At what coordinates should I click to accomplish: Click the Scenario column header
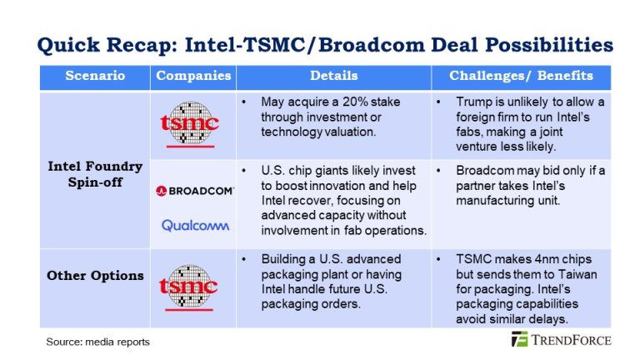coord(95,77)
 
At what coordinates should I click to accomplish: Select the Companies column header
coord(193,77)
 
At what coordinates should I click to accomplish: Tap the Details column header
coord(333,77)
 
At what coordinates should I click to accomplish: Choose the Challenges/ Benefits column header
coord(521,77)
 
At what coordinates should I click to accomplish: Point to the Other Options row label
coord(95,276)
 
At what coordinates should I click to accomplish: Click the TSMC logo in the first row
coord(190,125)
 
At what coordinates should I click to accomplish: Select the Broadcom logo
coord(194,191)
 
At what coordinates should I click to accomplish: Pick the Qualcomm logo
coord(194,226)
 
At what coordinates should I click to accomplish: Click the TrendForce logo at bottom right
coord(562,340)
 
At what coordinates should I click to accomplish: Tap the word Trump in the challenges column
coord(473,102)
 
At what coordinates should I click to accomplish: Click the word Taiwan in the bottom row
coord(578,274)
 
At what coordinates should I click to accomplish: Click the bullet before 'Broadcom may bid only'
coord(439,171)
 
